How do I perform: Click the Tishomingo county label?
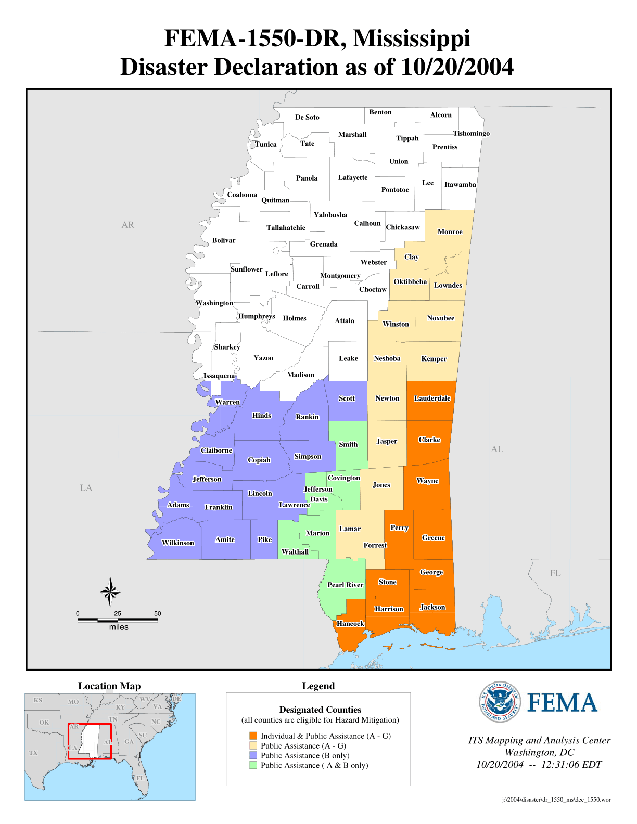(471, 134)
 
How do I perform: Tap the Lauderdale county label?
(432, 398)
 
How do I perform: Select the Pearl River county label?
(345, 585)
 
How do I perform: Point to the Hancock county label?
(350, 624)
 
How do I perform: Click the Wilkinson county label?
(178, 543)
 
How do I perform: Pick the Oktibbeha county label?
(410, 282)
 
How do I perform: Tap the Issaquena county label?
(219, 376)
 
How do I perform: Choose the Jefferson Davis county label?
(318, 494)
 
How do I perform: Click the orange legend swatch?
(253, 736)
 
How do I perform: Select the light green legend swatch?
(253, 765)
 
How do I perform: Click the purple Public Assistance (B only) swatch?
(253, 755)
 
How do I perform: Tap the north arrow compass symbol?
(110, 592)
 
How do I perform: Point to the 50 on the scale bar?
(157, 614)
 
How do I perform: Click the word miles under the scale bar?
(119, 627)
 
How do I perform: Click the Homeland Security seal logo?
(500, 702)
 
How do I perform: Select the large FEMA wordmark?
(562, 703)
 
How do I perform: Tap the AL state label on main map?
(497, 449)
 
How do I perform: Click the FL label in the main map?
(555, 573)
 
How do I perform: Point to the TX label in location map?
(33, 753)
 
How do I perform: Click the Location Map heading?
(109, 686)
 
